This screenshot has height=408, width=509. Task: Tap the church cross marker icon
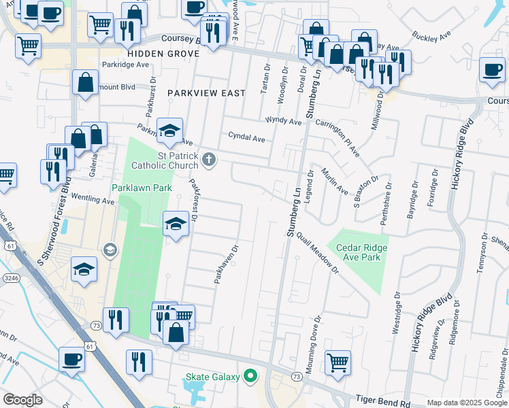coord(210,160)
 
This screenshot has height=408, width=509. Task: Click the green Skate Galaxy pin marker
coord(250,375)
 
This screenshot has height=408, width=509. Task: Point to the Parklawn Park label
coord(142,188)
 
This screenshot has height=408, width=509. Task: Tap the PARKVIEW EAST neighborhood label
coord(206,92)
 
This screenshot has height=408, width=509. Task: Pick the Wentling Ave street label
coord(94,198)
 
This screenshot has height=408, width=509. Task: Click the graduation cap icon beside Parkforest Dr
coord(176,222)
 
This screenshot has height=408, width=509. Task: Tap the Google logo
coord(23,400)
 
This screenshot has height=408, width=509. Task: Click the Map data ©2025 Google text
coord(467,403)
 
